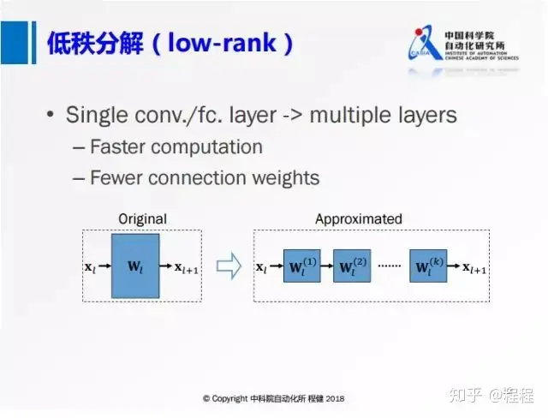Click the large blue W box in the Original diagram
[x=135, y=266]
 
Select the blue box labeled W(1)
[x=301, y=266]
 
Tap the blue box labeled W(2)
[x=351, y=266]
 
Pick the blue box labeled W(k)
[x=428, y=266]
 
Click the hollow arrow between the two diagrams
[x=228, y=266]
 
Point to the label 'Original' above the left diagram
[x=142, y=219]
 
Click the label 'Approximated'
[x=358, y=219]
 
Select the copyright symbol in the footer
[x=206, y=399]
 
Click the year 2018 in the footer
[x=333, y=399]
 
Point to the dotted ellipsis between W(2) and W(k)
[x=390, y=267]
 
